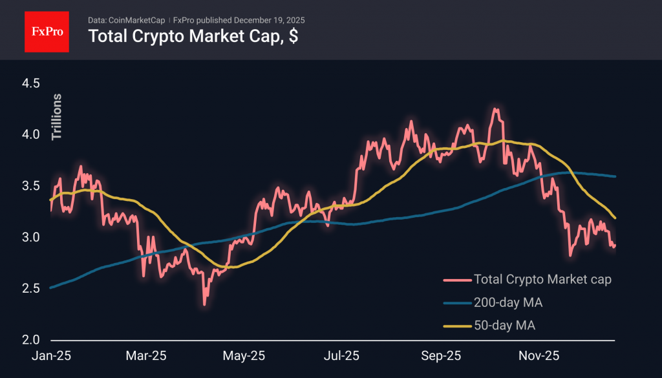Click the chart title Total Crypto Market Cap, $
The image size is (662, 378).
[x=193, y=36]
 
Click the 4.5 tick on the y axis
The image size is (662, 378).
[x=31, y=83]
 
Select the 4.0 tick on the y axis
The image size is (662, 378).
[x=31, y=135]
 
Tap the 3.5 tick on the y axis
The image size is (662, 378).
[x=31, y=186]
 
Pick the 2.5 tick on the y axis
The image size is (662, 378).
[x=31, y=288]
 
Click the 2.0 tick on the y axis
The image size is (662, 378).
[x=31, y=340]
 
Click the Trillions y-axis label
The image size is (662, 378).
[x=57, y=117]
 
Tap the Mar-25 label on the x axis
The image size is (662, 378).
[x=146, y=356]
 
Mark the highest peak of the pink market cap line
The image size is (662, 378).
[x=495, y=109]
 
